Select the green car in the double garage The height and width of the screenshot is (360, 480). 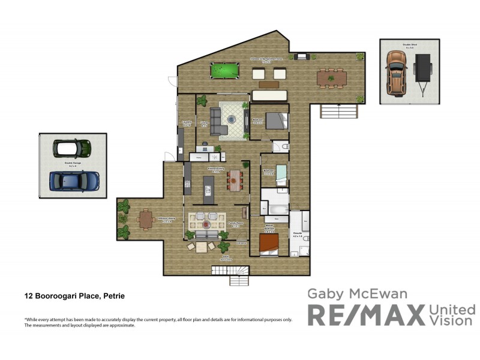click(x=72, y=148)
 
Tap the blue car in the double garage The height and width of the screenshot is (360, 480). click(x=74, y=179)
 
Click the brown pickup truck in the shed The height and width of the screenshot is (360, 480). click(x=396, y=73)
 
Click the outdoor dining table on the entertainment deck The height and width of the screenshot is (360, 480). click(x=332, y=77)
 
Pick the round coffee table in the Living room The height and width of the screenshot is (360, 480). click(x=232, y=119)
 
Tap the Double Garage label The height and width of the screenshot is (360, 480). click(x=73, y=163)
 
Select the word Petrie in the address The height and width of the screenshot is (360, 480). click(x=113, y=296)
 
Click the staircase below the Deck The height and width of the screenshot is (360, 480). click(x=238, y=276)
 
